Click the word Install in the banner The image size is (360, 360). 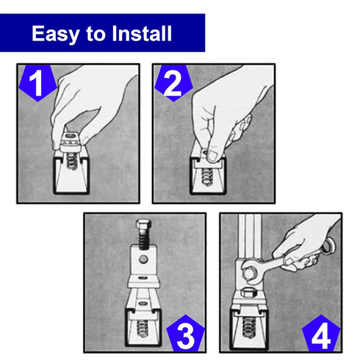pyautogui.click(x=142, y=33)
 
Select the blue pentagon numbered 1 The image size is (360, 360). pyautogui.click(x=38, y=83)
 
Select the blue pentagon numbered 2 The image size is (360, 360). pyautogui.click(x=173, y=83)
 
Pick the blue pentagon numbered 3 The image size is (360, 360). pyautogui.click(x=186, y=333)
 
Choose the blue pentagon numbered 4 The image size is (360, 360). pyautogui.click(x=321, y=333)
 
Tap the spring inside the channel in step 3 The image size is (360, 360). pyautogui.click(x=143, y=328)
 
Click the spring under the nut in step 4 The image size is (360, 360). pyautogui.click(x=248, y=327)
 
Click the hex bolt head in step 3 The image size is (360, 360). pyautogui.click(x=144, y=226)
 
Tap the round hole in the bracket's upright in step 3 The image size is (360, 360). pyautogui.click(x=143, y=259)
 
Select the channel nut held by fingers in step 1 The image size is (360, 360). pyautogui.click(x=71, y=141)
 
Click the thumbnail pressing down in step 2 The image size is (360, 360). pyautogui.click(x=212, y=156)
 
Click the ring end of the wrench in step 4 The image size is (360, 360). pyautogui.click(x=328, y=245)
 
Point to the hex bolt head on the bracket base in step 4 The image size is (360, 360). pyautogui.click(x=249, y=293)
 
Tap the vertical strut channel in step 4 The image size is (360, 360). pyautogui.click(x=249, y=236)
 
